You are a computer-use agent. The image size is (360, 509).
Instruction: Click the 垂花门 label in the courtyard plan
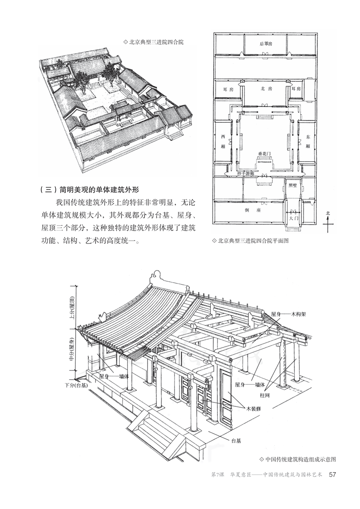coord(265,154)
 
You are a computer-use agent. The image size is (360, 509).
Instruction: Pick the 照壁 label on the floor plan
coord(293,185)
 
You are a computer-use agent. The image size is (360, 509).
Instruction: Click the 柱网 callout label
coord(265,395)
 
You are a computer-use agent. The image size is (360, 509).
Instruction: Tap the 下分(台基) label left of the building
coord(75,386)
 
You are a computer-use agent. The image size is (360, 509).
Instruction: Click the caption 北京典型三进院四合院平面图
coord(250,240)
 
